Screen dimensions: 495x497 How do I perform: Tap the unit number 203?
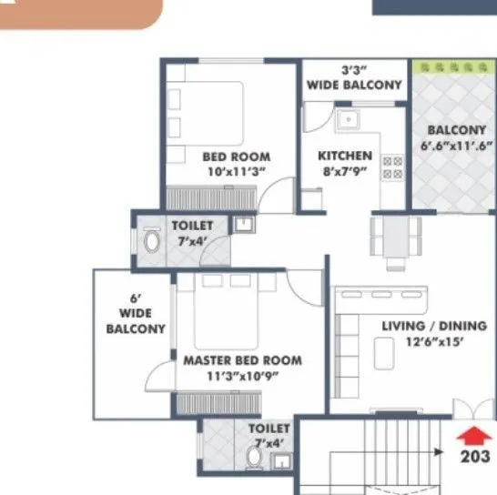pyautogui.click(x=475, y=456)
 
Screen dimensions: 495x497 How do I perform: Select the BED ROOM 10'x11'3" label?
pyautogui.click(x=236, y=163)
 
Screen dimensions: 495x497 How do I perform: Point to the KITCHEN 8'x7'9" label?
pyautogui.click(x=344, y=162)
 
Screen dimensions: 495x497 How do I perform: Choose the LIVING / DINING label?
pyautogui.click(x=446, y=333)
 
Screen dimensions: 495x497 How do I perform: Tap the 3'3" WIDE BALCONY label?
pyautogui.click(x=354, y=77)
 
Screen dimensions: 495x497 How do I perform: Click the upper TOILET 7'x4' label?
pyautogui.click(x=192, y=232)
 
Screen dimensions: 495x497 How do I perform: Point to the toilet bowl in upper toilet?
pyautogui.click(x=152, y=243)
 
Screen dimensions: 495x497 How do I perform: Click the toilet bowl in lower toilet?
pyautogui.click(x=256, y=461)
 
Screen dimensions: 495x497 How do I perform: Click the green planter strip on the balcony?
pyautogui.click(x=449, y=68)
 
